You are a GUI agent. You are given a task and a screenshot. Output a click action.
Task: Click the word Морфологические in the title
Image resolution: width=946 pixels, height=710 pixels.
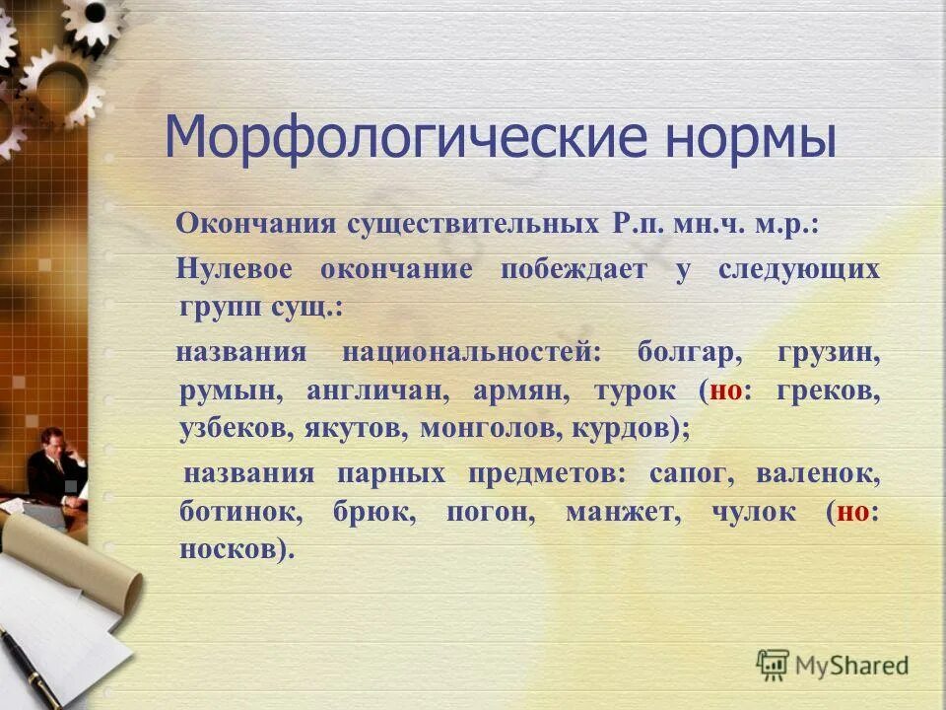(x=395, y=139)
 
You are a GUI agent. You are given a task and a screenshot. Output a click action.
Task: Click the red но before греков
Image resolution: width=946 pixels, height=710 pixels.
(x=726, y=390)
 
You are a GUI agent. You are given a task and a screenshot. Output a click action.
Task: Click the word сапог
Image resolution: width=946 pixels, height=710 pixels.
(x=692, y=473)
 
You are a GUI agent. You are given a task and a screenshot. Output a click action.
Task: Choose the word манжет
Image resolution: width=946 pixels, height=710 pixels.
(x=622, y=512)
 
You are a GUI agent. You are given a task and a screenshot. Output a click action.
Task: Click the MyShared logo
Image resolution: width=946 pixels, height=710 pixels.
(x=833, y=665)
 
